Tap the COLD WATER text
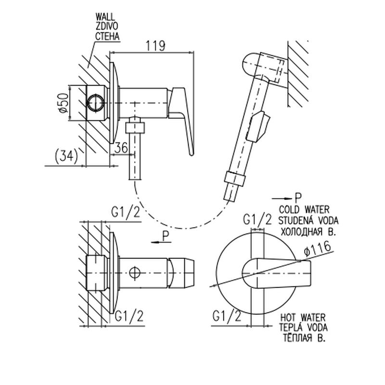point(304,210)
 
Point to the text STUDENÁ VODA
point(308,220)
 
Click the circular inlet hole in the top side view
point(95,103)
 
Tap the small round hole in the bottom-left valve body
point(135,273)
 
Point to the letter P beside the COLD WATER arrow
point(298,197)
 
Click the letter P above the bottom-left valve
point(166,235)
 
